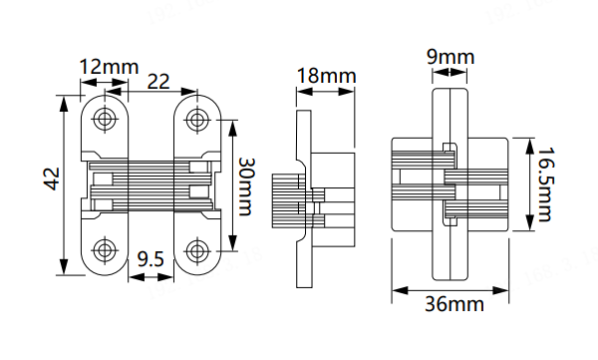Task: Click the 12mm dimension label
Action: click(109, 67)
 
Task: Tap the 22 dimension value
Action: click(158, 82)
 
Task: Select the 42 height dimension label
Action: click(52, 179)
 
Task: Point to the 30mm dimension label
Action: click(245, 187)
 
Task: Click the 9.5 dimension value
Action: click(150, 259)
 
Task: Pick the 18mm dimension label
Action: click(326, 76)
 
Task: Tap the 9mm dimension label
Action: click(450, 57)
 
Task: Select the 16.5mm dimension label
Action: click(544, 184)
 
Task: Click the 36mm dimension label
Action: click(454, 304)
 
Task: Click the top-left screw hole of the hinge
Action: click(105, 118)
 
